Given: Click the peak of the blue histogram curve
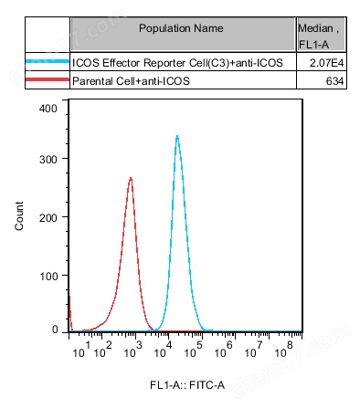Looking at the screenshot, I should click(176, 136).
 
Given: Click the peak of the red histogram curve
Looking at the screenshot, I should click(131, 178).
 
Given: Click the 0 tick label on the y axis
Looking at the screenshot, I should click(55, 330).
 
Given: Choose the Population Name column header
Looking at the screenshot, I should click(181, 29).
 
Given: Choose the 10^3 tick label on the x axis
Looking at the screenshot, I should click(138, 347).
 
